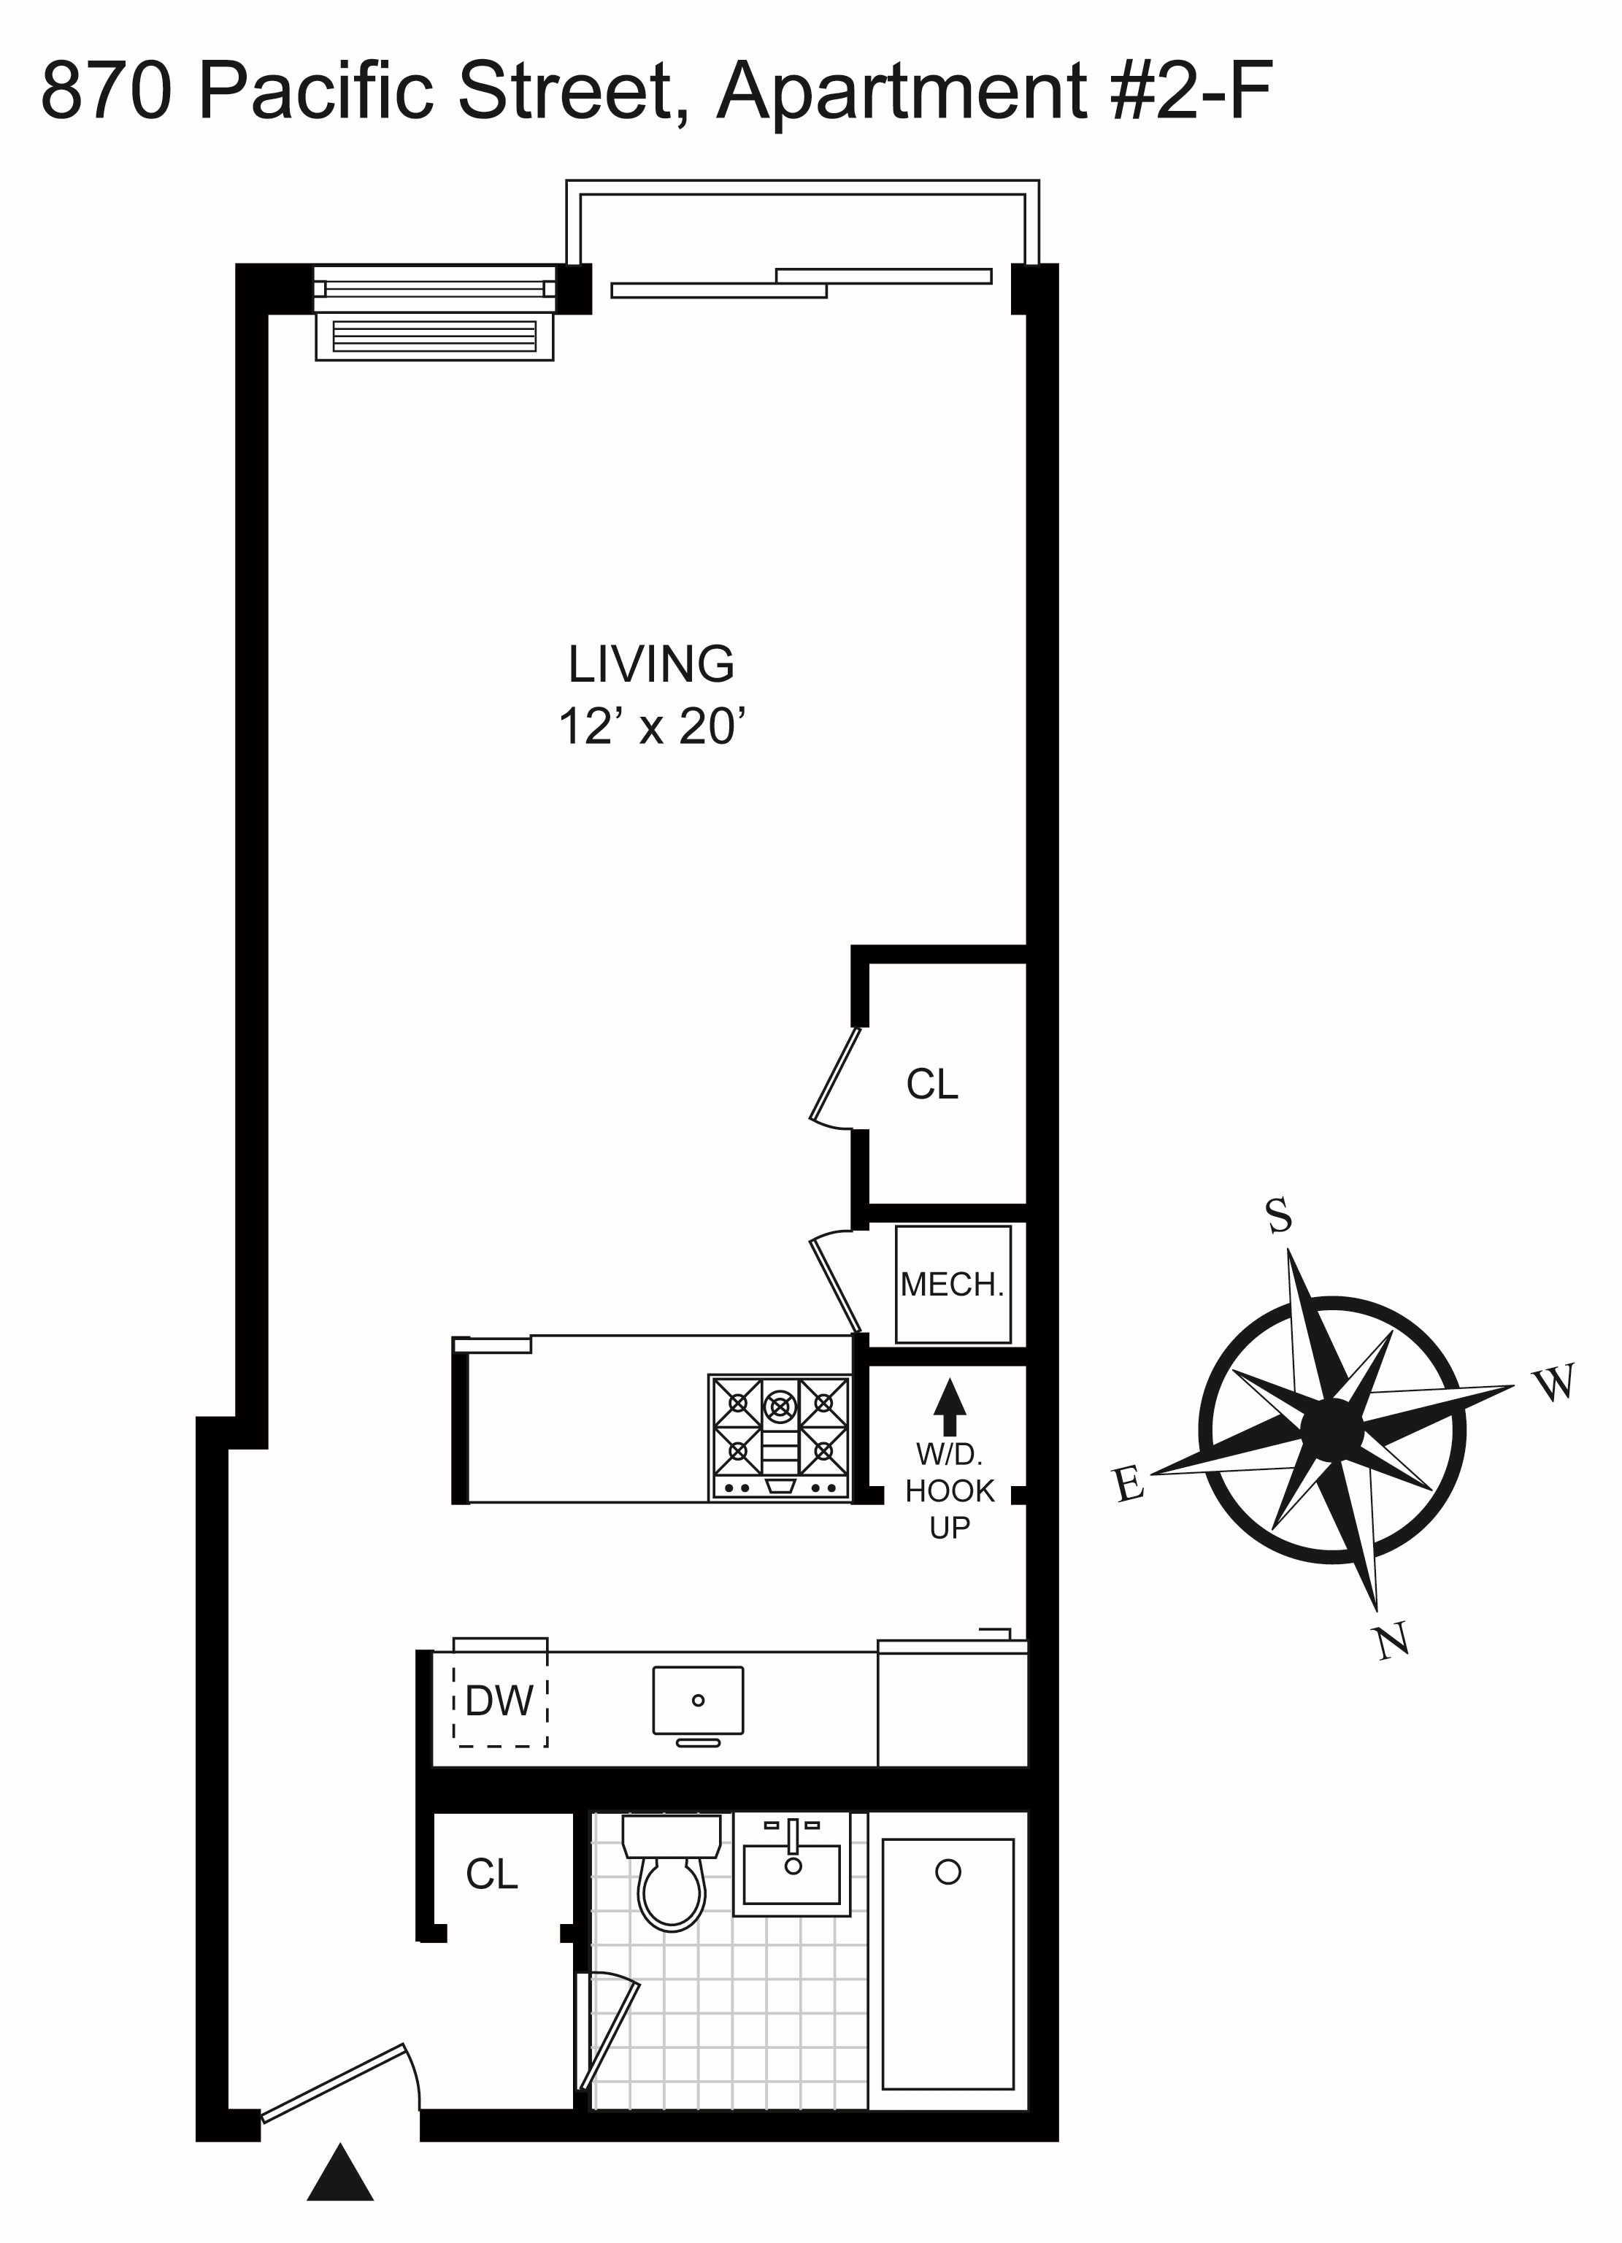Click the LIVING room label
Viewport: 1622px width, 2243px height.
[x=651, y=665]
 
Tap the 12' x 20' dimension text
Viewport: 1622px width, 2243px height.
[x=651, y=727]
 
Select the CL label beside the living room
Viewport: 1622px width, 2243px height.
[x=931, y=1085]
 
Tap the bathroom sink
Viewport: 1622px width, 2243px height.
[x=791, y=1867]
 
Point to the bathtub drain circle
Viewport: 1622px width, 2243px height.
[x=948, y=1872]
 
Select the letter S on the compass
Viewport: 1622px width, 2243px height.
[x=1279, y=1215]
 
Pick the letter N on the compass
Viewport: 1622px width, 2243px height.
[x=1393, y=1642]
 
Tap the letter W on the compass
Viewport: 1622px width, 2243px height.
[x=1556, y=1382]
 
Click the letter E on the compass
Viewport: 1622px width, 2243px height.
[x=1129, y=1483]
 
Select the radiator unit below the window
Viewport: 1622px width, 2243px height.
[x=434, y=337]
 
